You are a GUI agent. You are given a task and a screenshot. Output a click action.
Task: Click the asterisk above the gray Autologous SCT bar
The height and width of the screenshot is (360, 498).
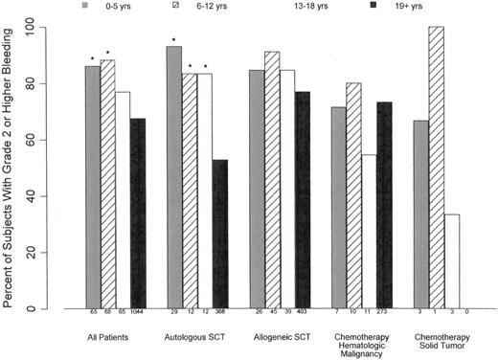coord(173,39)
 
